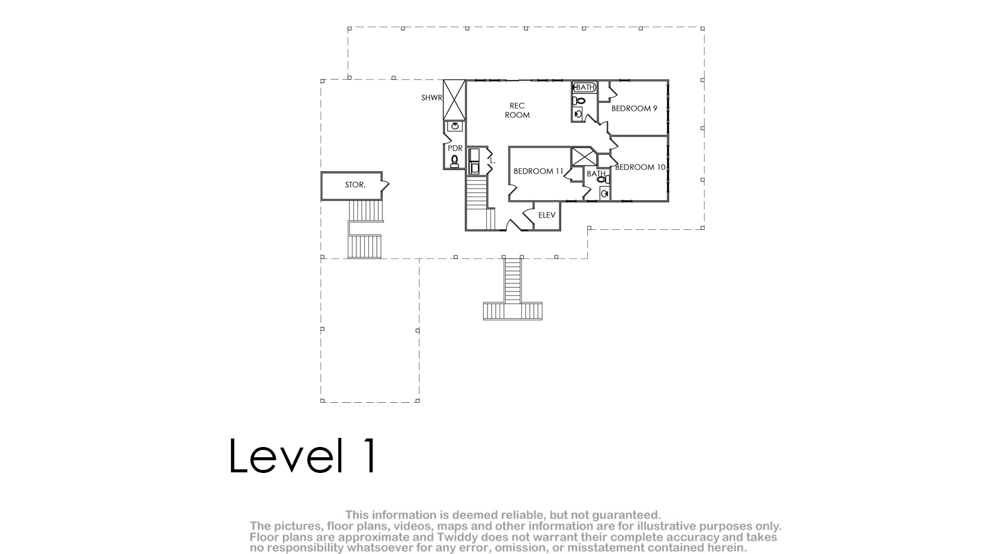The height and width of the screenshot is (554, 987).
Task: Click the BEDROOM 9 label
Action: click(x=634, y=108)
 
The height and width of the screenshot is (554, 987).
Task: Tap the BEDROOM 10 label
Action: click(x=640, y=167)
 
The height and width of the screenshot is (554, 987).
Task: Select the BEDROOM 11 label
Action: click(x=538, y=171)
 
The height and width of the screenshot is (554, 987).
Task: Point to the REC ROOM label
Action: click(x=517, y=110)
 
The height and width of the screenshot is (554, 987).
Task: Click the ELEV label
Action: click(x=547, y=215)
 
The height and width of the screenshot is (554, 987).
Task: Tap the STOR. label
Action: click(x=355, y=184)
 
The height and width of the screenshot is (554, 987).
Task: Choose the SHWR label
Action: click(x=431, y=98)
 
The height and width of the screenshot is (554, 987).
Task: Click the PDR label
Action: click(x=455, y=149)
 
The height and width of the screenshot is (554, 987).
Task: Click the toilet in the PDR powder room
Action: click(x=454, y=161)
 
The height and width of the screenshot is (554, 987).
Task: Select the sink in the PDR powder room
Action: click(x=455, y=126)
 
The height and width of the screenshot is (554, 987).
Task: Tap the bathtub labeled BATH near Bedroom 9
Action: click(x=585, y=87)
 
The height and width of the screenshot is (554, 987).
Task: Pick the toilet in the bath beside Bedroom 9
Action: click(x=580, y=102)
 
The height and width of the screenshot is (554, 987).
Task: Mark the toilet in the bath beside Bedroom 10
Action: click(x=603, y=180)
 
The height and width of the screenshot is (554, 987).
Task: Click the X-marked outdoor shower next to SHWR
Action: click(x=454, y=100)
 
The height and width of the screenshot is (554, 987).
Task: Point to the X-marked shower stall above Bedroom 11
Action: click(x=584, y=157)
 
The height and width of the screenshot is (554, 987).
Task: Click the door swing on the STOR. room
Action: click(x=385, y=185)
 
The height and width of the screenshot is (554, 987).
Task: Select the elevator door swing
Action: click(x=529, y=215)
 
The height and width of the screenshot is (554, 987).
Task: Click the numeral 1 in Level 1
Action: click(x=370, y=455)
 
